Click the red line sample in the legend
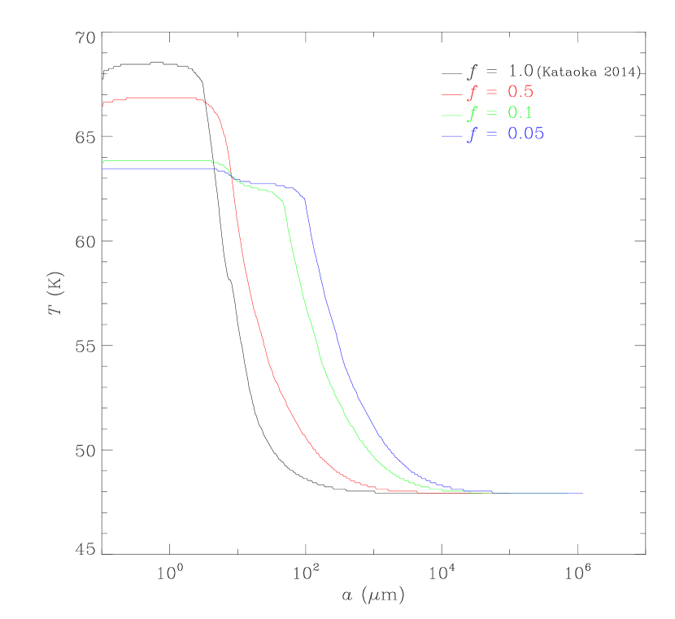click(451, 94)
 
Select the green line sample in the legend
click(451, 115)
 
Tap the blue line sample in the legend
click(451, 136)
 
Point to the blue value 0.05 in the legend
click(525, 134)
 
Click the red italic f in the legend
click(471, 93)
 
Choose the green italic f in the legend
click(471, 114)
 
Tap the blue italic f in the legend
click(471, 135)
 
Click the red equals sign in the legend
click(490, 93)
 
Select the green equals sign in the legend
click(490, 114)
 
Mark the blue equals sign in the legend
click(490, 135)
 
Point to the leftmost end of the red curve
click(103, 103)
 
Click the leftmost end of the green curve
click(103, 162)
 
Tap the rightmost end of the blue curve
click(582, 492)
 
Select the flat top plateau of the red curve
click(163, 98)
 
